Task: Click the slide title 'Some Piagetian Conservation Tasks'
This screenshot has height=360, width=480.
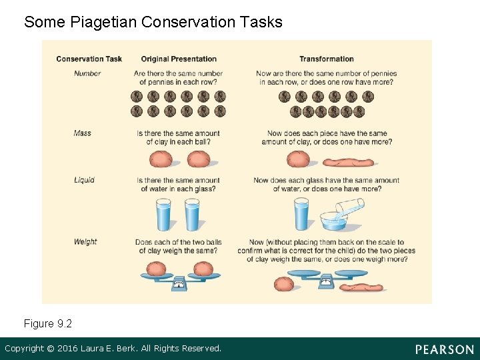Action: tap(153, 22)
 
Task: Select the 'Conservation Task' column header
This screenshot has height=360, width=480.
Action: tap(89, 59)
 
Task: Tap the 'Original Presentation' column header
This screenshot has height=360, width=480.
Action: tap(179, 59)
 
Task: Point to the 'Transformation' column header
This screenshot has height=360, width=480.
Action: tap(326, 59)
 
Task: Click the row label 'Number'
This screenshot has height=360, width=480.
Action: tap(87, 73)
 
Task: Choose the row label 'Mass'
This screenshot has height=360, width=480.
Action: tap(83, 133)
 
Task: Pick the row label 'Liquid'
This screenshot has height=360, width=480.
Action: tap(84, 180)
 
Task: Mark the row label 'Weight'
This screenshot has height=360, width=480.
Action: tap(85, 242)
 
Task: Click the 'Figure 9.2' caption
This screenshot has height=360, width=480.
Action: tap(48, 323)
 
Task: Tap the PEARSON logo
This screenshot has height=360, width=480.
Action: tap(444, 349)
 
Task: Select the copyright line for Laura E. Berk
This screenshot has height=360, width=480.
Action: tap(113, 349)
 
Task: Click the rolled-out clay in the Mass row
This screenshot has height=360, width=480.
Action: tap(349, 161)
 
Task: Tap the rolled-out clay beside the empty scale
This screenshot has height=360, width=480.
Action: tap(362, 287)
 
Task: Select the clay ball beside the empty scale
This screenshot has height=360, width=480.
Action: tap(284, 283)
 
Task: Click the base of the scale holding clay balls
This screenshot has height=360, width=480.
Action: tap(179, 283)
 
